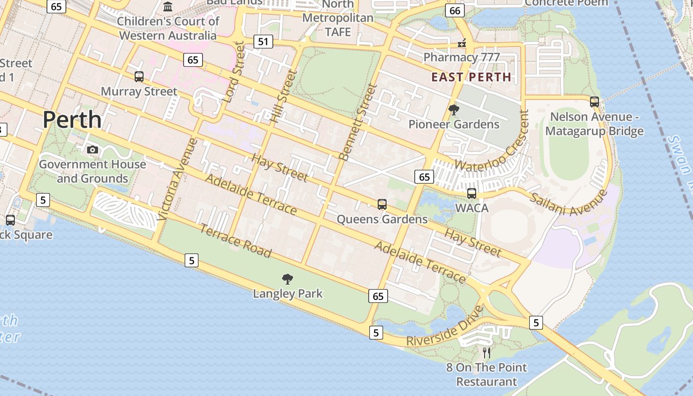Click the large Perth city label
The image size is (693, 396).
[72, 120]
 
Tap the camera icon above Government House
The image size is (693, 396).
[92, 149]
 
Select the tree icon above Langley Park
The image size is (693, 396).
[287, 279]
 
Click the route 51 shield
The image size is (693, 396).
[263, 42]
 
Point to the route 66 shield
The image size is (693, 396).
[454, 10]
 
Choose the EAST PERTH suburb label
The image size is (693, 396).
[471, 77]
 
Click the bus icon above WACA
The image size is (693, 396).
[472, 193]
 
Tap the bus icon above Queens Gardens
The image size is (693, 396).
[382, 204]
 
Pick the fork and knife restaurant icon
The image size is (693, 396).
[487, 352]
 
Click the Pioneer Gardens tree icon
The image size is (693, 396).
[453, 110]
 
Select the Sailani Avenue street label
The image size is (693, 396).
[569, 202]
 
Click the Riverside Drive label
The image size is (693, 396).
[445, 326]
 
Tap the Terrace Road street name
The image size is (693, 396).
[236, 241]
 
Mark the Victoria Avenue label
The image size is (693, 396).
[178, 179]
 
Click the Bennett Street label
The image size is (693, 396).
[358, 122]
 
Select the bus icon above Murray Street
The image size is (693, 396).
[139, 77]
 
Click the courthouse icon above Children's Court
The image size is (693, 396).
[168, 7]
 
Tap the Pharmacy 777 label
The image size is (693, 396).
[461, 57]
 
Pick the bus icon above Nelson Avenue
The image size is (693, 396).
[594, 102]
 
